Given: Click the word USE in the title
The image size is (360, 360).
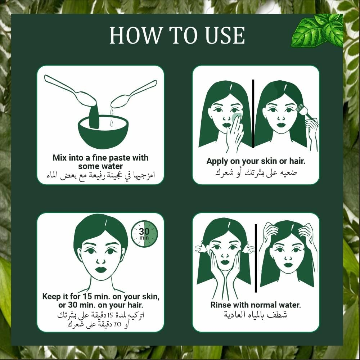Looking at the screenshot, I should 223,35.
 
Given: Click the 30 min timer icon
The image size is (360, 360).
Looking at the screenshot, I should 144,234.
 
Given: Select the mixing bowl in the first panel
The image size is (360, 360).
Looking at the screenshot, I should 103,132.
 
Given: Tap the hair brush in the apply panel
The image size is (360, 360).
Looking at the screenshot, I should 304,112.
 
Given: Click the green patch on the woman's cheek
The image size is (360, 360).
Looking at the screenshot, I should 236,117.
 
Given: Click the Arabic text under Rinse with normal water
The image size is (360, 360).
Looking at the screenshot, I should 256,315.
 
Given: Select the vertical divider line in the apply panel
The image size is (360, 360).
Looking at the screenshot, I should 253,113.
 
